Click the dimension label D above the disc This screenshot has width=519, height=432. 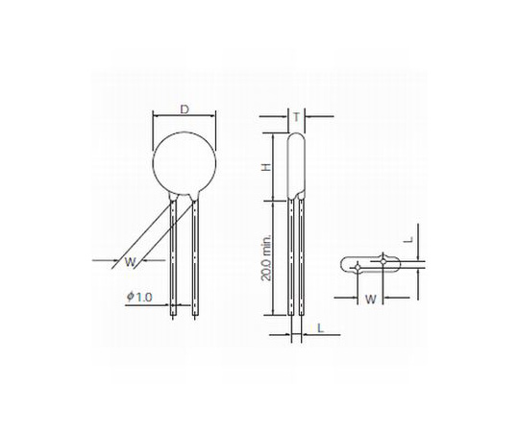(185, 109)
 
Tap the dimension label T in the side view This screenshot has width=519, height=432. (297, 117)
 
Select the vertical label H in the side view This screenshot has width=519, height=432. (266, 167)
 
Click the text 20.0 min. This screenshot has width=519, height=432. (266, 258)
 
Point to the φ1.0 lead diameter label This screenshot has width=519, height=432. (139, 297)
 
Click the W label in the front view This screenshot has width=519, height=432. (130, 262)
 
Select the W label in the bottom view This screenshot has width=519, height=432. (371, 299)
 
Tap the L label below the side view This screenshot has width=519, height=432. (320, 328)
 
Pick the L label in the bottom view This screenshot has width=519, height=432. (409, 240)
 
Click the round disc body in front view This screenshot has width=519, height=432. (185, 164)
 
